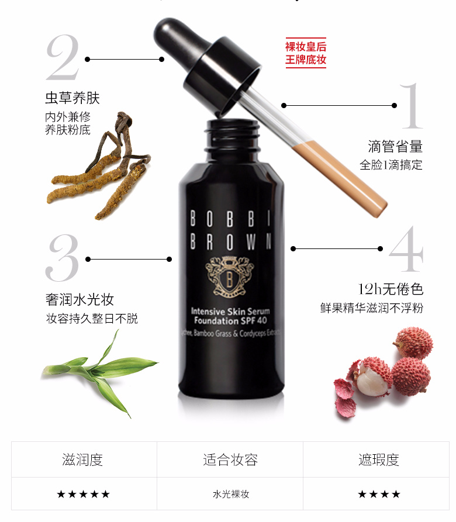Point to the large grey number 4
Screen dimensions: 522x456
point(406,249)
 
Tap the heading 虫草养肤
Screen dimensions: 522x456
point(72,97)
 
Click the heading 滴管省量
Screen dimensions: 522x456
point(395,146)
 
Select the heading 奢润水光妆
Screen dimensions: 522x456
point(80,300)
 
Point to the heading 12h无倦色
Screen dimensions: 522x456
point(391,289)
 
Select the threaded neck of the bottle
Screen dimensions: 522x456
point(233,132)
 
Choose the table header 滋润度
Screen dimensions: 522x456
point(82,460)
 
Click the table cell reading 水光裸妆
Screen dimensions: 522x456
point(230,494)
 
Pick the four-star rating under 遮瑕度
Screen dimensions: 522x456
point(379,494)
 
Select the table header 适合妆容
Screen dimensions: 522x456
point(230,460)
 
